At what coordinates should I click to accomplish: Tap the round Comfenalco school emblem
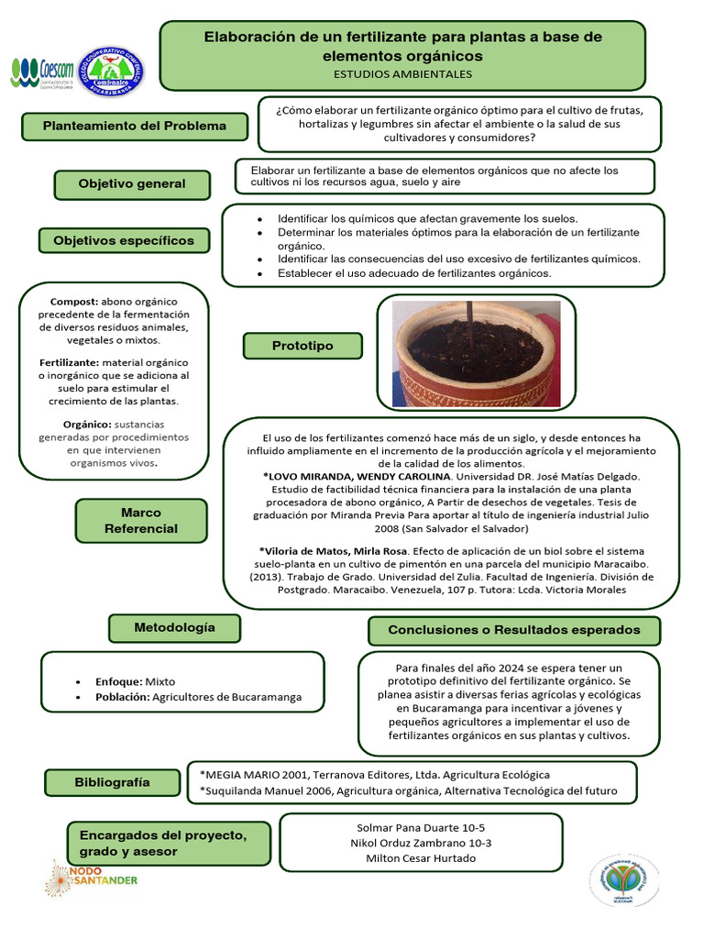pos(110,72)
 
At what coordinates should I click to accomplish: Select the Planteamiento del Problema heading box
pos(134,127)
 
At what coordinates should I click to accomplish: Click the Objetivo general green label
pos(132,183)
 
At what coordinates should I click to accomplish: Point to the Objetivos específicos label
pos(124,240)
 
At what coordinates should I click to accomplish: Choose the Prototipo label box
pos(302,346)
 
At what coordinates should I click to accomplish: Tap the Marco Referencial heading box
pos(140,520)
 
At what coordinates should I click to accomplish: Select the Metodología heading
pos(174,628)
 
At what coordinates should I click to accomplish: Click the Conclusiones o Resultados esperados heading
pos(514,630)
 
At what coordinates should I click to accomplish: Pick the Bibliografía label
pos(112,782)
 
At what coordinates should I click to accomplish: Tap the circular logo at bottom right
pos(624,880)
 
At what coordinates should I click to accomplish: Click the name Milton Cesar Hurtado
pos(421,858)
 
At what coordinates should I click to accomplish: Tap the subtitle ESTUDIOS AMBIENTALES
pos(403,73)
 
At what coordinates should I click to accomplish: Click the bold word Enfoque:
pos(118,681)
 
